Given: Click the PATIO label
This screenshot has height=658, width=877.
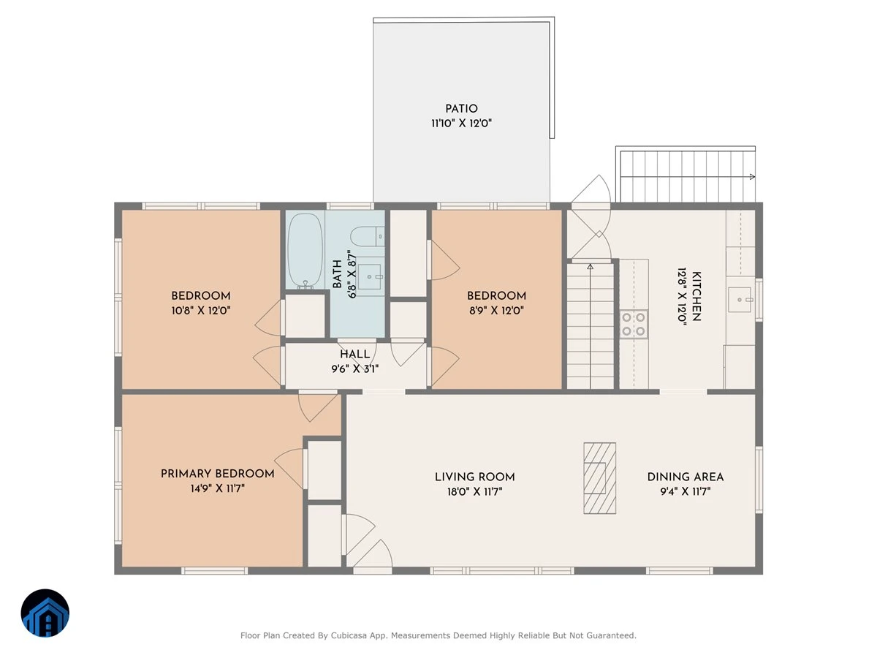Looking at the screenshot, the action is coord(461,109).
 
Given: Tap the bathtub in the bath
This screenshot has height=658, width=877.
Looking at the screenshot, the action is coord(305,251).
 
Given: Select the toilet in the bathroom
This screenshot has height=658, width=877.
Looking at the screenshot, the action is coord(367,236).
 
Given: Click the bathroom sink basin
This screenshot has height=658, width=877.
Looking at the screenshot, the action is coord(369,276).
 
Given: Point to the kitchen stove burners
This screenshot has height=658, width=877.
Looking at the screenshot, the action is coord(634,324).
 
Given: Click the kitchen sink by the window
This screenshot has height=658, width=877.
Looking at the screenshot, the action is coord(739,299).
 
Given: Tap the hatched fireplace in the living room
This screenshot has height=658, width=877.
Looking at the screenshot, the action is coord(599,478).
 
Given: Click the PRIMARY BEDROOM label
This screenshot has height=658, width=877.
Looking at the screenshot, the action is coord(217,474).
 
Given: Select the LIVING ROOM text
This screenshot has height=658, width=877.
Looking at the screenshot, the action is coord(474,477).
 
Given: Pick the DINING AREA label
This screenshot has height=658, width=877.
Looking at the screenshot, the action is coord(686,477).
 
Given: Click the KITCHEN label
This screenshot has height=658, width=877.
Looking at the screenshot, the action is coord(696,296).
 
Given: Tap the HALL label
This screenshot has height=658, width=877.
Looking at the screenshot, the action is coord(354,354).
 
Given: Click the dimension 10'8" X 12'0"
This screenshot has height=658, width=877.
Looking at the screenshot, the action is coord(201,311).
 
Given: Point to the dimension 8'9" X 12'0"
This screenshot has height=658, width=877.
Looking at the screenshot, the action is coord(496,311).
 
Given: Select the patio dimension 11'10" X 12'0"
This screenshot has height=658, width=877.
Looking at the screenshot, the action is coord(461,123).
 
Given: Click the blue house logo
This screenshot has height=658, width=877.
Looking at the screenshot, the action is coord(45,613).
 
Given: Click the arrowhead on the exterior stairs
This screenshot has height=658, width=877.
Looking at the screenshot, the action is coord(752,177).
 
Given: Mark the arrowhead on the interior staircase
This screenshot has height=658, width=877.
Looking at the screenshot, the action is coord(590,266).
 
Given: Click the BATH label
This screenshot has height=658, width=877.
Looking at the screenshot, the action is coord(337,273).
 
